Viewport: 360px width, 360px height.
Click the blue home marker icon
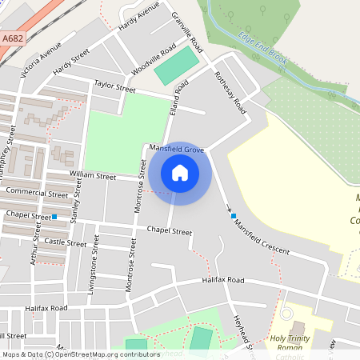[x=180, y=172]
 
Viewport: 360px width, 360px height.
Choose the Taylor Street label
[x=115, y=86]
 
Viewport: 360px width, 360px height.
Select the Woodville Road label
[x=153, y=59]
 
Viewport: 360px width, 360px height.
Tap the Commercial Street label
[x=36, y=193]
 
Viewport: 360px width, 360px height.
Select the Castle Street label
[x=65, y=242]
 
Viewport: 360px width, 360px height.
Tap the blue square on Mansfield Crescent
[x=234, y=216]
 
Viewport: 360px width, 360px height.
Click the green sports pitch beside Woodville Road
[x=176, y=66]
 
